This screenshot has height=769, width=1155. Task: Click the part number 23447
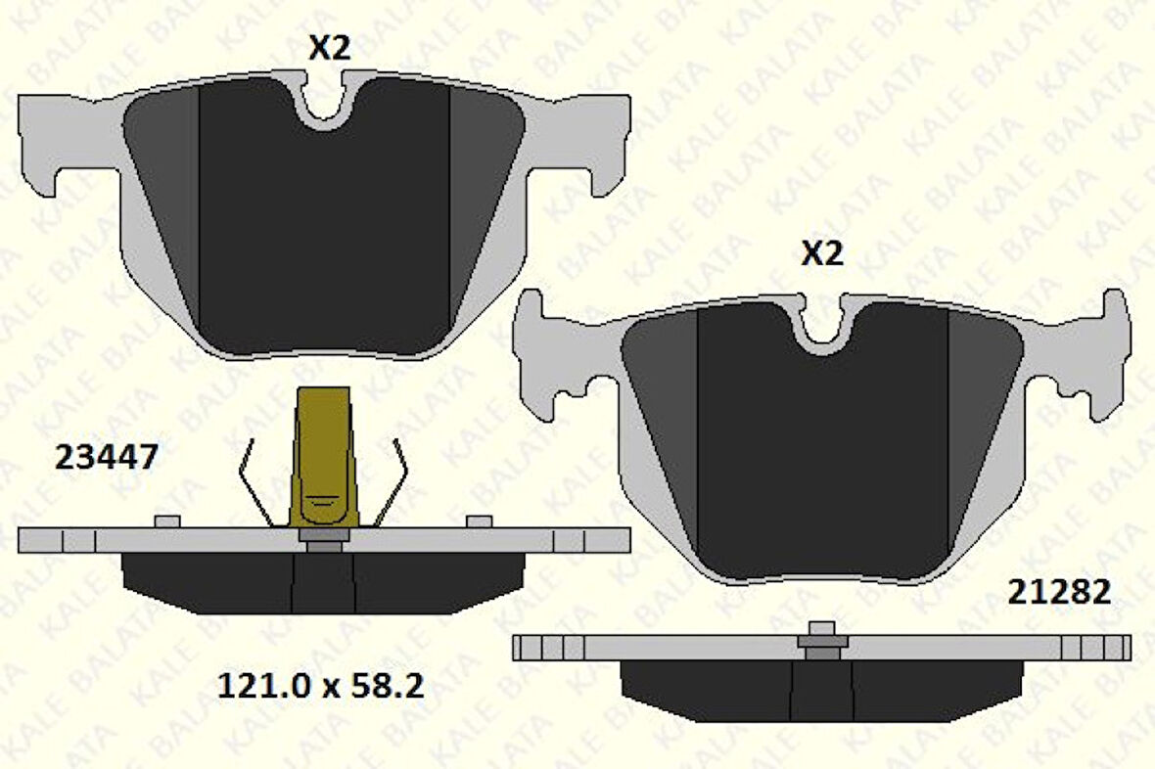[107, 457]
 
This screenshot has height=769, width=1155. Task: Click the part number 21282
[1060, 592]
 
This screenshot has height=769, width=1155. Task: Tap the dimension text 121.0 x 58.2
[319, 686]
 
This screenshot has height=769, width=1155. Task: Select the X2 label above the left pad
[329, 48]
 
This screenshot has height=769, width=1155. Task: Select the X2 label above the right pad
[822, 253]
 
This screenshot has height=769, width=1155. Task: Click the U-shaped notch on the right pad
[823, 329]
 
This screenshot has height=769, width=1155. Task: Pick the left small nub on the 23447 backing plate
[167, 520]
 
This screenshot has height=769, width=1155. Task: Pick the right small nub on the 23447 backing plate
[479, 520]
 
